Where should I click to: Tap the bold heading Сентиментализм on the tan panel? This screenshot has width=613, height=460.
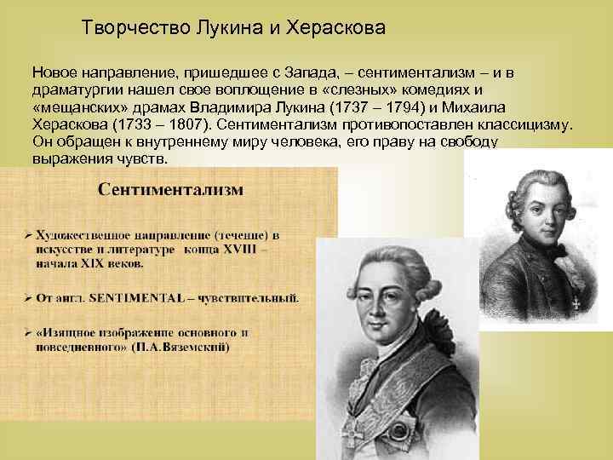tap(170, 188)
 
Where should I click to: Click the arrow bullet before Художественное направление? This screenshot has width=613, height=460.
tap(29, 233)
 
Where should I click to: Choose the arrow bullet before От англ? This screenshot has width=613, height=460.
tap(29, 298)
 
